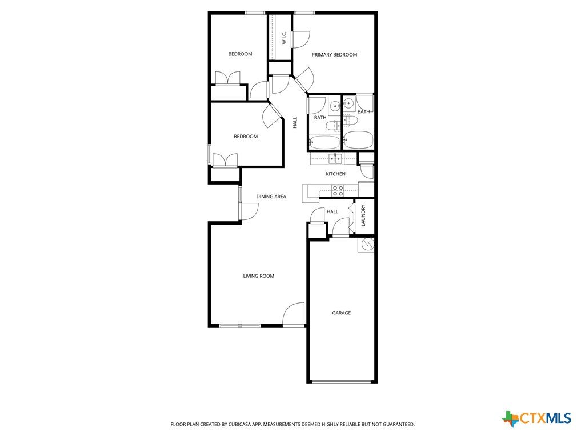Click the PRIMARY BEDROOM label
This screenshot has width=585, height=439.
(334, 54)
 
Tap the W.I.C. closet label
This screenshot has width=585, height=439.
(285, 38)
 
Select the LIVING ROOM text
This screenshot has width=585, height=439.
(259, 276)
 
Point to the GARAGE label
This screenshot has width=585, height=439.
(342, 313)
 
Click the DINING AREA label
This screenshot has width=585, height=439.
(271, 197)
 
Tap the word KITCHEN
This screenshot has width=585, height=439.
(335, 174)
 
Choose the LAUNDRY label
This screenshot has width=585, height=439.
(363, 215)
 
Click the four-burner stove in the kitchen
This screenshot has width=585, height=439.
(338, 191)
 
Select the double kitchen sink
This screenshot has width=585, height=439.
(335, 159)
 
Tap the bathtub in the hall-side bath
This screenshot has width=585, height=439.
(324, 142)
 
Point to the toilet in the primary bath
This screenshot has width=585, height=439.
(350, 120)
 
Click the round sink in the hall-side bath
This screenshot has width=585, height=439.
(334, 106)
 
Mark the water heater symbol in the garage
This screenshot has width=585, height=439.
(366, 245)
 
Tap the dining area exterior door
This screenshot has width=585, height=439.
(249, 211)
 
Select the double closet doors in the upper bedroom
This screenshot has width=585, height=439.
(228, 78)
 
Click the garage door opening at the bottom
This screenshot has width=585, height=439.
(342, 381)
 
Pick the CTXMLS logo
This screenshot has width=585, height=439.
(536, 418)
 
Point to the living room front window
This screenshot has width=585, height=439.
(239, 325)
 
